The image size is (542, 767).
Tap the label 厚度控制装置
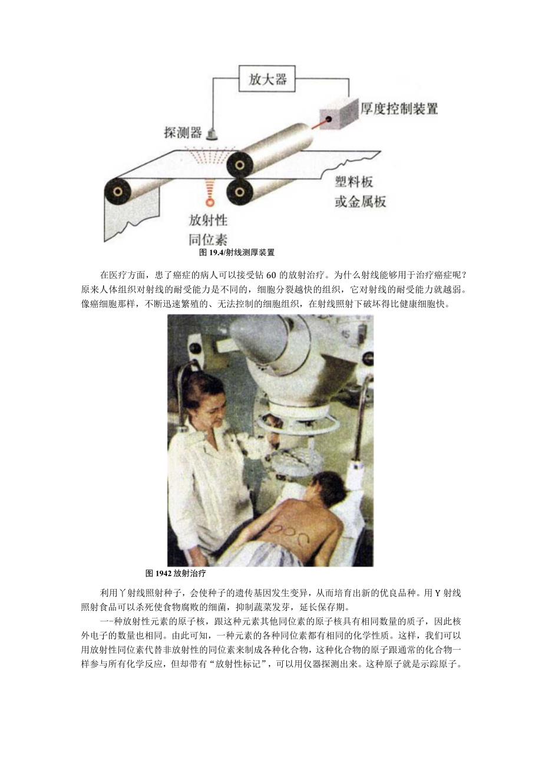(x=399, y=110)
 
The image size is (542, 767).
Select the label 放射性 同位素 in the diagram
(x=207, y=230)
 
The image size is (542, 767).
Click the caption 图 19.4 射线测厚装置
(x=237, y=252)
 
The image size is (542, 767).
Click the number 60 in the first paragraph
(x=273, y=275)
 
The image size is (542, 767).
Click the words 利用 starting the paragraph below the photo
(x=107, y=592)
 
